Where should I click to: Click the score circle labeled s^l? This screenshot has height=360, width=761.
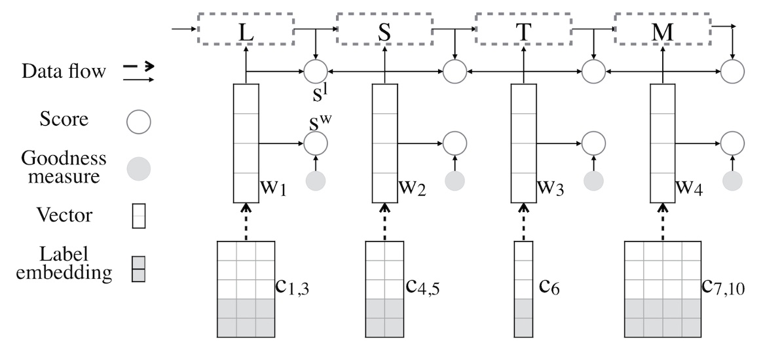click(316, 71)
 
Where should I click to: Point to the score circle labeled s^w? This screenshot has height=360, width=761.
click(316, 143)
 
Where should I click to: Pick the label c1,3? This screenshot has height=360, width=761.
click(293, 289)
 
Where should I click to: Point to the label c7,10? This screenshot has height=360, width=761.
click(724, 289)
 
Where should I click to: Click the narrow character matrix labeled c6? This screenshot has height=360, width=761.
click(523, 289)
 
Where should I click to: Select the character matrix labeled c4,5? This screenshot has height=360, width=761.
click(384, 289)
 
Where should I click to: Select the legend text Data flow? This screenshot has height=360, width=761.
click(63, 71)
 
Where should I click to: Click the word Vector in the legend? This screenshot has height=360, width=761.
click(63, 215)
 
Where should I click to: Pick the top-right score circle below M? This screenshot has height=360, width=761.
click(732, 71)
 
